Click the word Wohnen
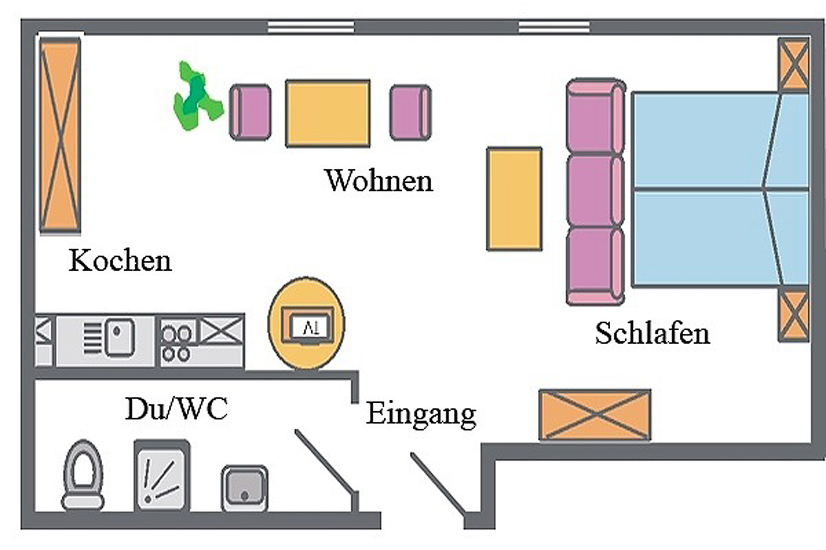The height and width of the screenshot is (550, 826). click(x=379, y=180)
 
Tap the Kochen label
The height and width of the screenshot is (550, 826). click(x=120, y=261)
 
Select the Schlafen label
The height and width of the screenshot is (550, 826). click(x=652, y=333)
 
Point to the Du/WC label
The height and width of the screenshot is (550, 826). click(x=176, y=409)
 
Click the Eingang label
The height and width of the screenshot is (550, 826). click(x=421, y=414)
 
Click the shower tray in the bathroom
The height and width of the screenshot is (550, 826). click(x=162, y=477)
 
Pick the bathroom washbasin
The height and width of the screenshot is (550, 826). click(x=245, y=488)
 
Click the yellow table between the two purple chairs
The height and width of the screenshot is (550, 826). click(x=328, y=113)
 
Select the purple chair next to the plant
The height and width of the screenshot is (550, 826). click(x=251, y=112)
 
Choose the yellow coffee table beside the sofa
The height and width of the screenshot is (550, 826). click(x=514, y=199)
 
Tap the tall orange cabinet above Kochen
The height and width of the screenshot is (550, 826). click(x=60, y=136)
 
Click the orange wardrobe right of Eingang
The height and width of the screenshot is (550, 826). click(x=595, y=414)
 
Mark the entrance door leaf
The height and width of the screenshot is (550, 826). click(x=438, y=484)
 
